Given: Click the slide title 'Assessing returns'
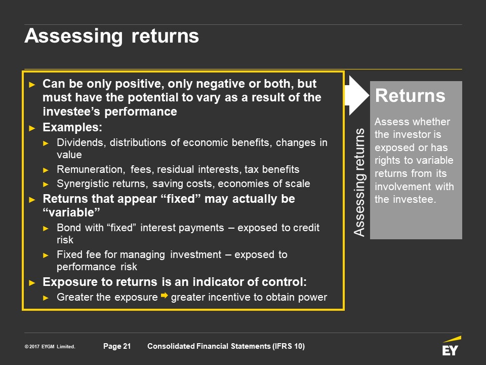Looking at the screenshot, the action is click(111, 36).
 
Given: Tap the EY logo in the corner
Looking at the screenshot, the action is click(451, 346).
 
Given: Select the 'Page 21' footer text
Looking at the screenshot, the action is click(117, 346).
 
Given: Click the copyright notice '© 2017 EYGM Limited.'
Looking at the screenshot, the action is click(50, 346).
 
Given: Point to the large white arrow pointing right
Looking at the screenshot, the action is click(357, 95).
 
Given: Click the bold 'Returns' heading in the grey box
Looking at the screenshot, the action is click(410, 95).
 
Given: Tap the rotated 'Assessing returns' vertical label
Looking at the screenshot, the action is click(359, 182).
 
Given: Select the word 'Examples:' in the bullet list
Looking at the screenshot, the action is click(72, 127).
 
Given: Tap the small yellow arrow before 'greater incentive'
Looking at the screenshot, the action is click(164, 296).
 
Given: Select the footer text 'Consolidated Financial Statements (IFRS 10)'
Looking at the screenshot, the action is click(226, 346).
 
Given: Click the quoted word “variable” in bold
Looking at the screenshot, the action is click(71, 212).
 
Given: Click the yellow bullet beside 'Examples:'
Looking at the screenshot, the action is click(32, 128).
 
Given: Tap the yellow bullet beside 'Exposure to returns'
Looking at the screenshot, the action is click(32, 283).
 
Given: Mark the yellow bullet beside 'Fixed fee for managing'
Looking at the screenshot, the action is click(46, 255).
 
